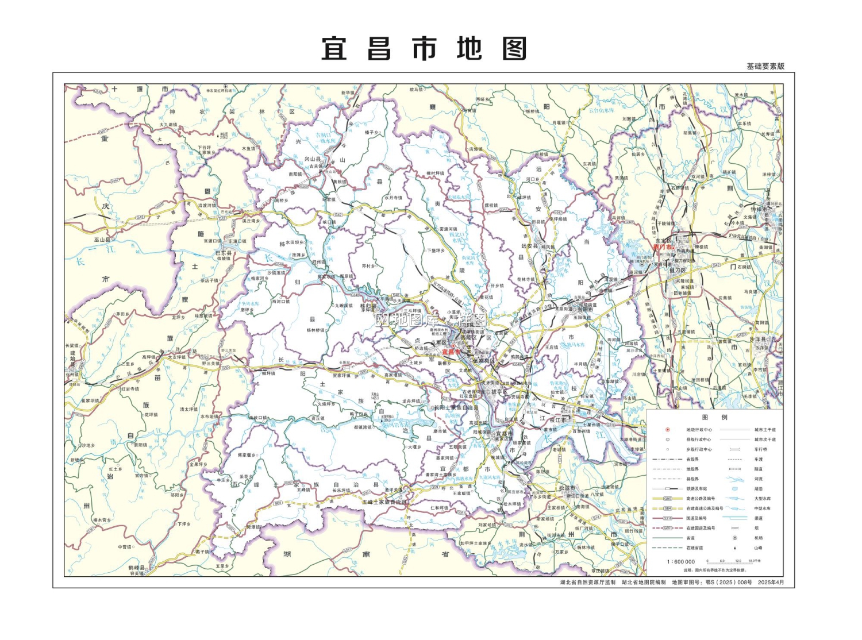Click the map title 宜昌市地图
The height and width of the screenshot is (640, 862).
pyautogui.click(x=424, y=49)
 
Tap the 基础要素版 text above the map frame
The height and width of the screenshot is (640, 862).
pyautogui.click(x=765, y=66)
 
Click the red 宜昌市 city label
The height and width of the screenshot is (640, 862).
pyautogui.click(x=451, y=351)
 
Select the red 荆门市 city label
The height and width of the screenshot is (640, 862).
pyautogui.click(x=663, y=247)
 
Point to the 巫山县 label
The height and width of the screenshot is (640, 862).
pyautogui.click(x=102, y=240)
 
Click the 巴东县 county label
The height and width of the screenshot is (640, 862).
pyautogui.click(x=224, y=253)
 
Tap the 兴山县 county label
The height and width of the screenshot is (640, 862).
pyautogui.click(x=312, y=159)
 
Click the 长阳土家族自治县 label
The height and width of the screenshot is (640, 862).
pyautogui.click(x=456, y=407)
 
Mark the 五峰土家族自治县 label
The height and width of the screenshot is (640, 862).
pyautogui.click(x=384, y=502)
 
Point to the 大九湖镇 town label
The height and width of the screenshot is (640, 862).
pyautogui.click(x=168, y=125)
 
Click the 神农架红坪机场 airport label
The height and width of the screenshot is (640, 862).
pyautogui.click(x=220, y=90)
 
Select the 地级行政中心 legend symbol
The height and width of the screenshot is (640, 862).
pyautogui.click(x=668, y=430)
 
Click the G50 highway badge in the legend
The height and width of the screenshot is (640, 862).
pyautogui.click(x=668, y=499)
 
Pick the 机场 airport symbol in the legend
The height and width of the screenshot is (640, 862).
pyautogui.click(x=734, y=538)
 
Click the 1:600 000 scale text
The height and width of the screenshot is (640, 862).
pyautogui.click(x=681, y=562)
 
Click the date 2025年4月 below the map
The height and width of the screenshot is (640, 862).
pyautogui.click(x=771, y=583)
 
